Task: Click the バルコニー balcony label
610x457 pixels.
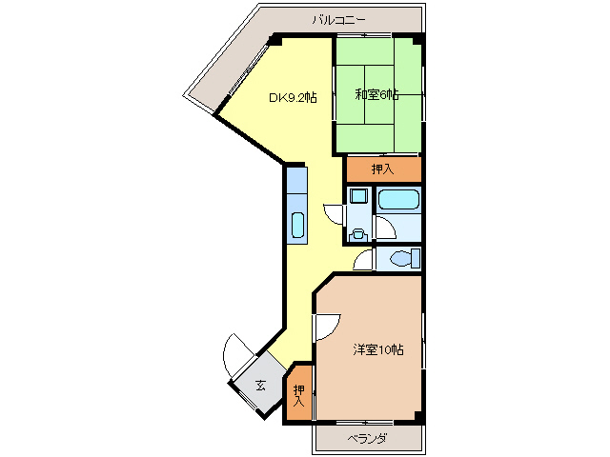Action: tap(338, 19)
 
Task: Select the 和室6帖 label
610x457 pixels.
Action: tap(376, 95)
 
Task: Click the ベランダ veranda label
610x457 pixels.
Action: tap(367, 438)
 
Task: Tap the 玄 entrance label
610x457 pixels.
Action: tap(260, 386)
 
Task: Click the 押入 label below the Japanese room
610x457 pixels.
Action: tap(382, 169)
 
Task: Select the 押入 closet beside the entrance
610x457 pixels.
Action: tap(299, 393)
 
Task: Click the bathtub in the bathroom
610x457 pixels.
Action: tap(397, 200)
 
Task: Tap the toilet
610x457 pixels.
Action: tap(402, 258)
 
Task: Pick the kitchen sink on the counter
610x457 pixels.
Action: tap(296, 226)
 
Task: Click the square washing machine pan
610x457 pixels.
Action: tap(358, 197)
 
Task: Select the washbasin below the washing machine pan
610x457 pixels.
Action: tap(357, 229)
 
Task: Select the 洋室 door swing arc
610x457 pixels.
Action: tap(325, 327)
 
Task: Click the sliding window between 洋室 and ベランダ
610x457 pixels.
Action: tap(367, 421)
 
